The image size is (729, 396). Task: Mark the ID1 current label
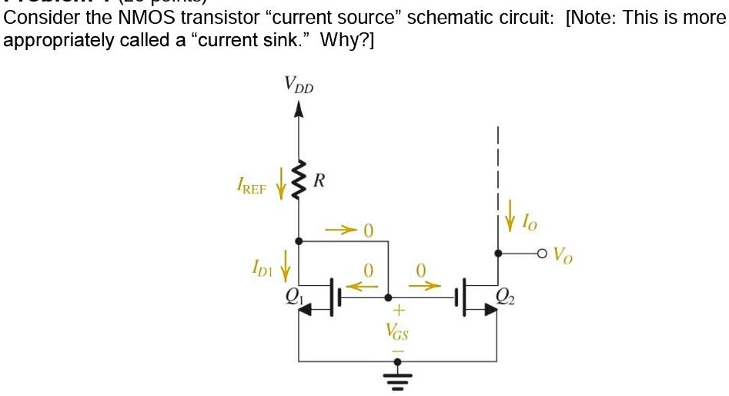(x=263, y=269)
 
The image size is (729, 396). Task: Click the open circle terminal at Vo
(x=542, y=253)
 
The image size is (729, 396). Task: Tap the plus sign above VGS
(x=398, y=311)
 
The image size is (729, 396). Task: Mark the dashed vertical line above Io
(x=499, y=162)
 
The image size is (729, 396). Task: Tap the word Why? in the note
(x=339, y=39)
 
